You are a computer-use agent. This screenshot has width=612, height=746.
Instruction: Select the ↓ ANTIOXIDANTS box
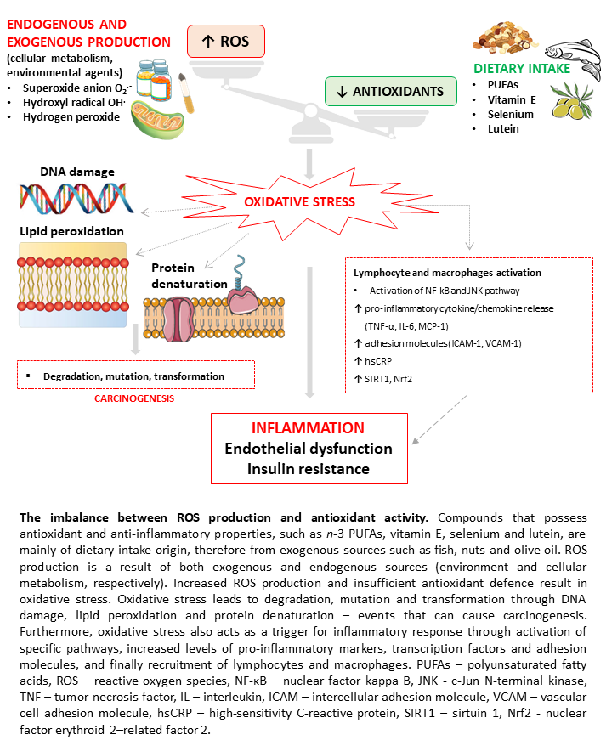pos(390,91)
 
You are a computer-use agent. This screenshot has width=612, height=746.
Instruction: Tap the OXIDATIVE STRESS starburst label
pos(300,202)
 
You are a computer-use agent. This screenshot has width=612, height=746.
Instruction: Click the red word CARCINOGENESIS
pos(135,397)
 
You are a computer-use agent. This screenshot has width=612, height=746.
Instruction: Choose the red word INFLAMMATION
pos(308,429)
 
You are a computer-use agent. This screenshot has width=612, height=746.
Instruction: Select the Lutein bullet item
pos(504,129)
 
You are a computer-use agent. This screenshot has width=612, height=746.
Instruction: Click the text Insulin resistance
pos(308,468)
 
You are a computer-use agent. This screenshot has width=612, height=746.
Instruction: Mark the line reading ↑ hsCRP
pos(373,359)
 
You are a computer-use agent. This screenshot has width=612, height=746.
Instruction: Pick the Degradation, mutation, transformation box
pos(136,376)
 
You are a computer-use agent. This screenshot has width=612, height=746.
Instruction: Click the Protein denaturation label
pos(180,276)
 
